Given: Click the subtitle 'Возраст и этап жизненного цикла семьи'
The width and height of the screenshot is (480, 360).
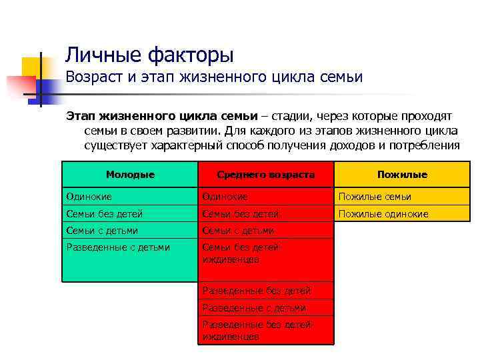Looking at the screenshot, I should [x=214, y=77].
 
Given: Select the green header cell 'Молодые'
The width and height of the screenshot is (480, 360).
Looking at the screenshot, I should [x=130, y=175].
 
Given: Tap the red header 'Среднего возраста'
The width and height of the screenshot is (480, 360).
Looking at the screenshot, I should [x=266, y=175].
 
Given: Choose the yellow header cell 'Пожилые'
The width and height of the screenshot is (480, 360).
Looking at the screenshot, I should [x=402, y=175].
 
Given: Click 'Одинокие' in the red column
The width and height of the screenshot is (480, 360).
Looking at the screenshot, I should [x=225, y=197].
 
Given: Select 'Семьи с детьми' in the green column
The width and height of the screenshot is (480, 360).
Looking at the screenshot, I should [x=101, y=231].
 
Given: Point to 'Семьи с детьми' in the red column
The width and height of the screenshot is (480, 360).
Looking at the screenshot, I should [x=238, y=231].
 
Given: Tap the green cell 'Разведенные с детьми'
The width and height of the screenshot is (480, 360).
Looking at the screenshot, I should [x=117, y=247].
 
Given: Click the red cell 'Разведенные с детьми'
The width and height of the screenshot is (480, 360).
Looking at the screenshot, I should [x=254, y=308].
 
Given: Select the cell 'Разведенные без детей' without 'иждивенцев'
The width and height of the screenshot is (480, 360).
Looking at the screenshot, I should [x=256, y=291].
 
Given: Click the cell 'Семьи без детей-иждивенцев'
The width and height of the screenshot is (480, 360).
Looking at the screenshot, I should [x=241, y=253].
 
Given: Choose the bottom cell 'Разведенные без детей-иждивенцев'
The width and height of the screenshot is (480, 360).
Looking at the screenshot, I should [x=257, y=331].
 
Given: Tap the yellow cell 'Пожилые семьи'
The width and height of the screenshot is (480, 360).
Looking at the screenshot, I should [x=375, y=197].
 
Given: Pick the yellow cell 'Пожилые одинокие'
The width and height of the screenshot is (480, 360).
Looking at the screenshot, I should [x=383, y=214].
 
